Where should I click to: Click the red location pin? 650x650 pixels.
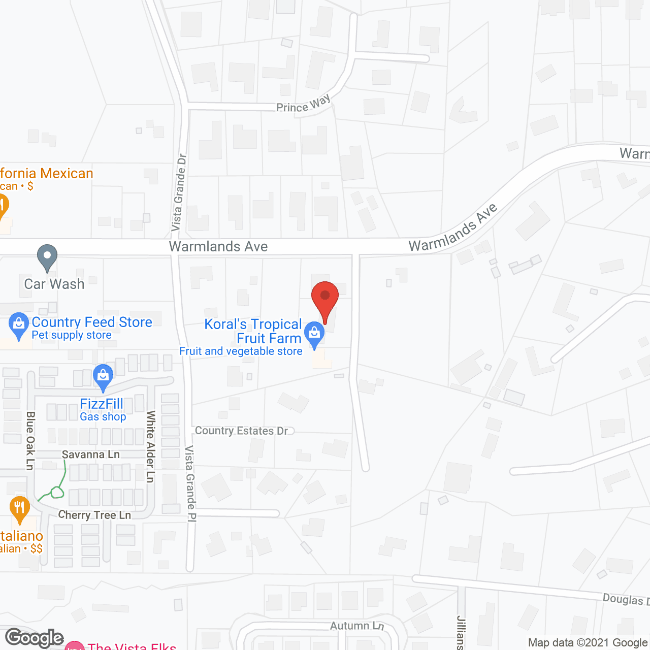coord(325,300)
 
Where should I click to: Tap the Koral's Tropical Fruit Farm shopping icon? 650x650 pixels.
coord(314,334)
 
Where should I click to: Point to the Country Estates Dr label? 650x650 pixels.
coord(241,431)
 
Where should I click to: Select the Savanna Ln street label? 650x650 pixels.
coord(91,454)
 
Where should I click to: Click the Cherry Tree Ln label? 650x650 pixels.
coord(94,515)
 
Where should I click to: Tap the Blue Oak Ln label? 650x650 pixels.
coord(30,440)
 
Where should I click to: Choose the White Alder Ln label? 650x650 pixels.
coord(150,446)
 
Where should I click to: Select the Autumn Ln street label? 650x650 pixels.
coord(357,626)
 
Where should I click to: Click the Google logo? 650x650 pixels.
coord(35,638)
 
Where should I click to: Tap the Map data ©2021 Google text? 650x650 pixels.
coord(588,642)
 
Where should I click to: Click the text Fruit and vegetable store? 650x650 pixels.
coord(241,351)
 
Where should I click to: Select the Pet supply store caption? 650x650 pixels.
coord(72,335)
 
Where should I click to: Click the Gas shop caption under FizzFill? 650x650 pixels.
coord(103,416)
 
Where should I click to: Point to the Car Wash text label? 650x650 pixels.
coord(54,284)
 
